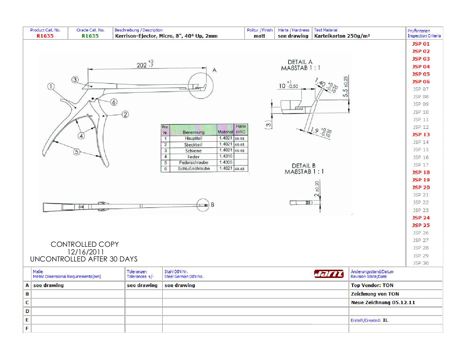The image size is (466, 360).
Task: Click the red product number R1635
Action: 45,36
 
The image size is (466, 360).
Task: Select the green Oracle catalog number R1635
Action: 90,36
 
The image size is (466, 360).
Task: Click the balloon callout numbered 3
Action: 75,80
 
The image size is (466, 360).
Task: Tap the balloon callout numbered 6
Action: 114,102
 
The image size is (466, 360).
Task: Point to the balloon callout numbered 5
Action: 76,152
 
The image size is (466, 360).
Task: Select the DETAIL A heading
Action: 300,62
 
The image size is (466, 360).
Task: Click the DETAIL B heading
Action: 304,166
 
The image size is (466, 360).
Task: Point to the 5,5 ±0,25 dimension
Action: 345,86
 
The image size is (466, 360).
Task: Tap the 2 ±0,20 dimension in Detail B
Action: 317,189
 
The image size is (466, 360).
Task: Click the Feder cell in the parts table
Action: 194,157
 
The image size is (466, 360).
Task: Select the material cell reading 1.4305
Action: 226,162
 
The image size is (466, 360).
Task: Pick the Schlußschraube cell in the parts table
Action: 194,169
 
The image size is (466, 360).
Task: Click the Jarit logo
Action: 329,274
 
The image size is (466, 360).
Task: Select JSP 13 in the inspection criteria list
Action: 421,134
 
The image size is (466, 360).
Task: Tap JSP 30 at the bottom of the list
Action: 421,263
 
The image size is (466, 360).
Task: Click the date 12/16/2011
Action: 86,252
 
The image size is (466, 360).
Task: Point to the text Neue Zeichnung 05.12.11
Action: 383,302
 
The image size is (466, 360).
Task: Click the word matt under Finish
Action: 259,36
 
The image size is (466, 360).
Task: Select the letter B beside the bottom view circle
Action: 212,204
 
